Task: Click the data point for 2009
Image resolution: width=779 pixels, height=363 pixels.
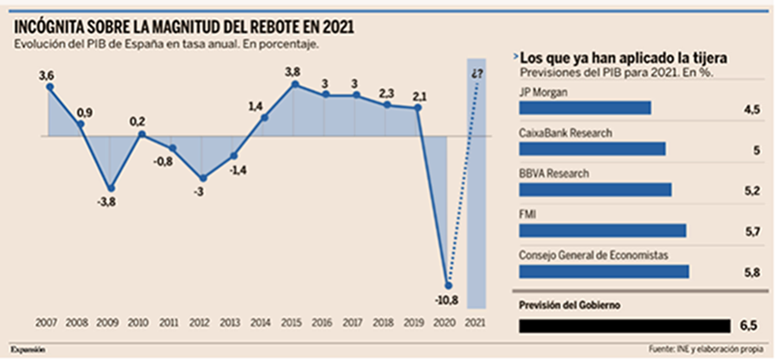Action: tap(111, 188)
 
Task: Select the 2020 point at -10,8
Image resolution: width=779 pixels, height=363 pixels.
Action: tap(448, 285)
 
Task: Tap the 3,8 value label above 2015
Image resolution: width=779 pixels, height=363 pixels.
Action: tap(295, 72)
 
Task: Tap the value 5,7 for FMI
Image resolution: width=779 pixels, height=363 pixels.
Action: tap(752, 231)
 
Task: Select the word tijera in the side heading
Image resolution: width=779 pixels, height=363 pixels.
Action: tap(707, 58)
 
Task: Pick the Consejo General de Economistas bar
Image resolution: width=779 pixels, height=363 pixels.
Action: tap(604, 272)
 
